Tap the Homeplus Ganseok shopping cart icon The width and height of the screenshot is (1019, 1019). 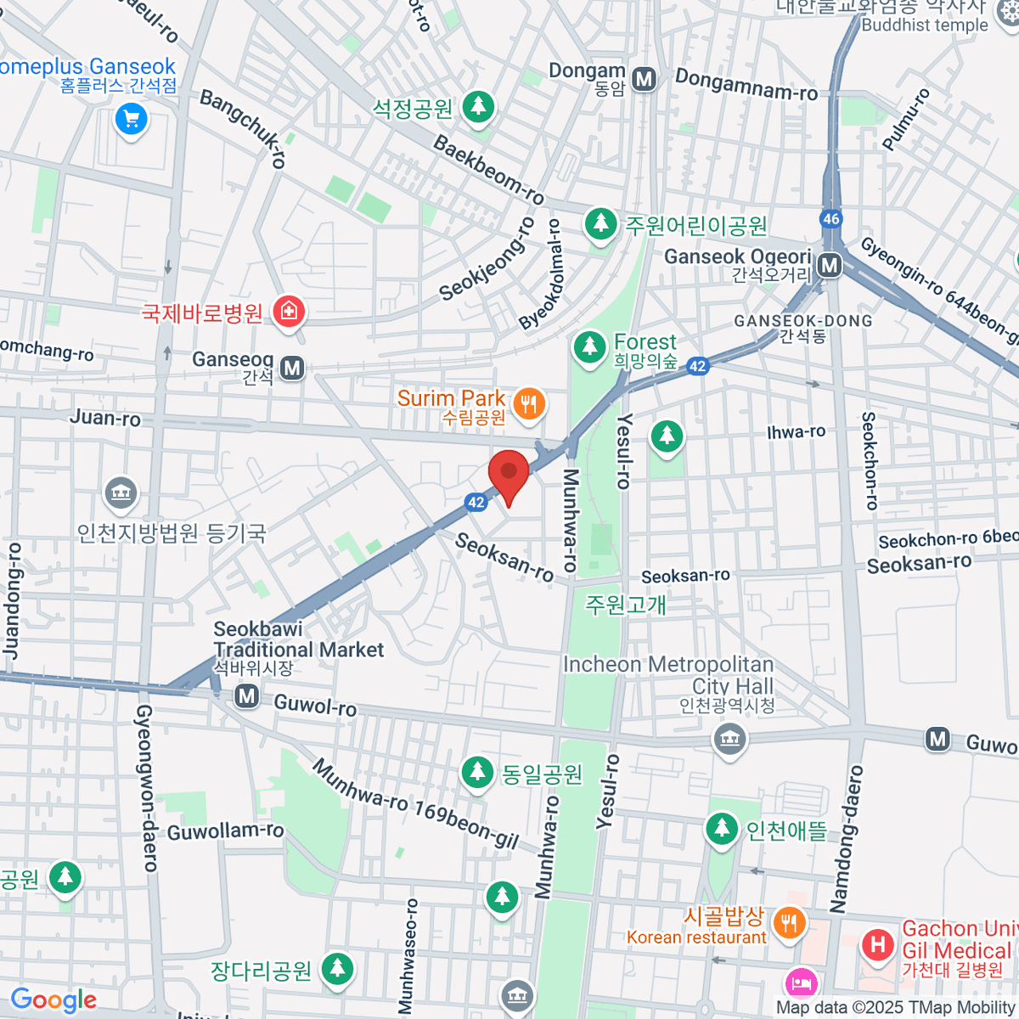point(131,118)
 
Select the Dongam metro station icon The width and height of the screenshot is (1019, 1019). point(645,80)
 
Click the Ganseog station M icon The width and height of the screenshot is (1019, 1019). point(293,368)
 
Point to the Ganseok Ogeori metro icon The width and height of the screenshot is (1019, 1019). point(830,266)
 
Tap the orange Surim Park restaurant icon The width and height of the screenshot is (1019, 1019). point(529,403)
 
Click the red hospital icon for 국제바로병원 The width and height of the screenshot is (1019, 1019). point(289,312)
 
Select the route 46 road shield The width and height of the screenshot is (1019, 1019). point(830,218)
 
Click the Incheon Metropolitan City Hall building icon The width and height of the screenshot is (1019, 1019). point(729,738)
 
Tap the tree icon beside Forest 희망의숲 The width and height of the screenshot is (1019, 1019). point(588,346)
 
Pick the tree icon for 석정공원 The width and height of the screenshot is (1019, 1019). point(479,107)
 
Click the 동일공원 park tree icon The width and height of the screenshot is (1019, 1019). point(477,772)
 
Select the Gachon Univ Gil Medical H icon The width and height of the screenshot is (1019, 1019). point(877,944)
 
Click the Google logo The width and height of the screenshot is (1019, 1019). point(53,999)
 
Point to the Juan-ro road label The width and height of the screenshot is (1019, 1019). point(105,417)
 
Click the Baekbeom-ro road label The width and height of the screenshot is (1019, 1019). point(488,169)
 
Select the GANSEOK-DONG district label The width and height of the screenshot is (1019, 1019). point(802,321)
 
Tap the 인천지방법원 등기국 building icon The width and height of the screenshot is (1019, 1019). point(121,493)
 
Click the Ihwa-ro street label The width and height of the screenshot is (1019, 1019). point(796,432)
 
